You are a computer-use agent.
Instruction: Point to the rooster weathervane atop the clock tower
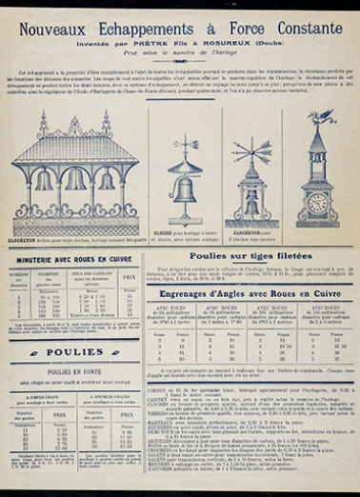(x=320, y=118)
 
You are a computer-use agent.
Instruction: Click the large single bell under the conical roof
(x=185, y=187)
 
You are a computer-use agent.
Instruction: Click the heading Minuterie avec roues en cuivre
(x=75, y=257)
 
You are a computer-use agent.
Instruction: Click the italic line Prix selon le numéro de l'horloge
(x=180, y=55)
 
